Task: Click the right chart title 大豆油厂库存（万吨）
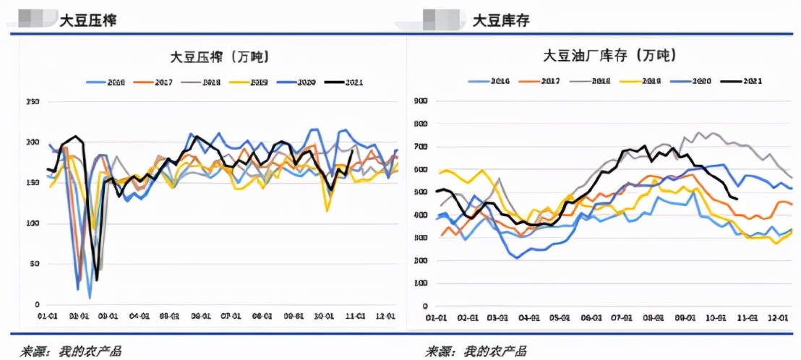[609, 56]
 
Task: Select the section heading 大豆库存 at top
[501, 20]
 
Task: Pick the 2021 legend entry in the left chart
[345, 82]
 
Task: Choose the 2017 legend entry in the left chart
[160, 82]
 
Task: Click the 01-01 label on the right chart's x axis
[435, 317]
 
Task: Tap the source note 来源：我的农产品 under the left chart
[69, 351]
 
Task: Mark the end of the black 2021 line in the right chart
[737, 199]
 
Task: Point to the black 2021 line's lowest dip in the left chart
[97, 280]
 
